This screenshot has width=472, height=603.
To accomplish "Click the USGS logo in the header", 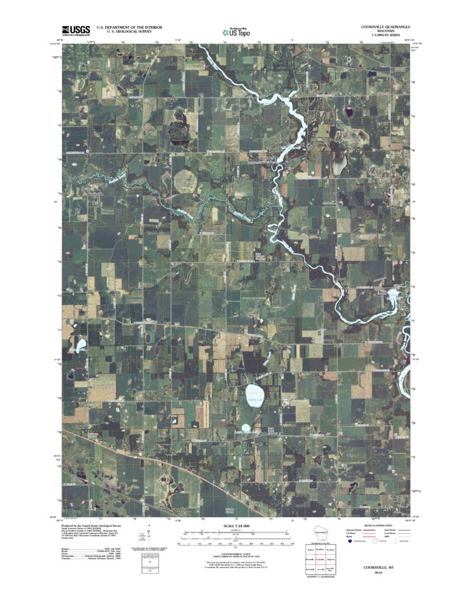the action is click(75, 30).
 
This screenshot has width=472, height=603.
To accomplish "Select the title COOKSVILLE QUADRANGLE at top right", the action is click(385, 27).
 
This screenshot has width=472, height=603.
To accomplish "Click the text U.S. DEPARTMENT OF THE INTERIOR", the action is click(129, 27).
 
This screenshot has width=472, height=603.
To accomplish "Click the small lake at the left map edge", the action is click(81, 346).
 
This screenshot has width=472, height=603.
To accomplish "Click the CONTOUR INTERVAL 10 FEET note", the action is click(235, 554).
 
